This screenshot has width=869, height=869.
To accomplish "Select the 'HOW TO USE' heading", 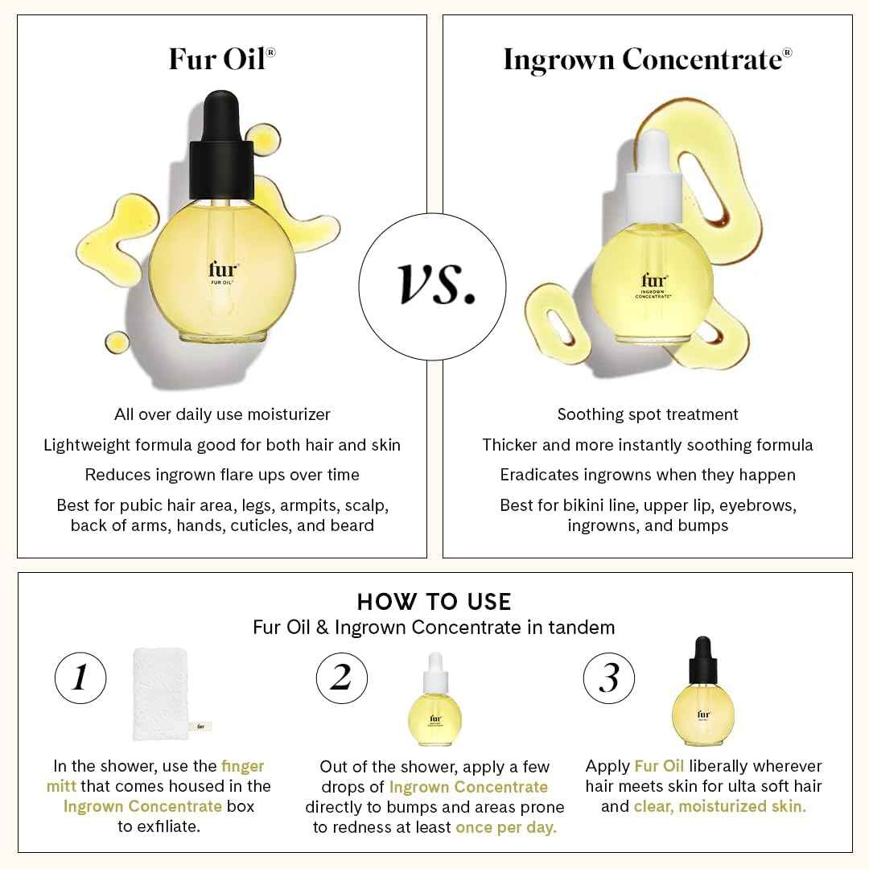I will point(434,601).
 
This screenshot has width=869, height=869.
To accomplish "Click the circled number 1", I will point(80,677).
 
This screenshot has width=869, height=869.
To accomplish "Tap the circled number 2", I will point(341,677).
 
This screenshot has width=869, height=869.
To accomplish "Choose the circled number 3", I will point(608,677).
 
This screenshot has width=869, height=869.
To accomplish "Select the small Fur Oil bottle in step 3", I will point(703,694).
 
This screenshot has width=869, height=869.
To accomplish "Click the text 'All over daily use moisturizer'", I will point(222,414).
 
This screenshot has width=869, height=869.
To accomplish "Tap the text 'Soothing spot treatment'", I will point(647,414).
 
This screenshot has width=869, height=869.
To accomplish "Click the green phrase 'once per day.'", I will point(505,827).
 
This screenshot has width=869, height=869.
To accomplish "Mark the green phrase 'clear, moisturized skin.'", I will point(719,806).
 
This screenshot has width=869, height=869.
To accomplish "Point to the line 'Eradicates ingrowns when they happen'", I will point(647,475).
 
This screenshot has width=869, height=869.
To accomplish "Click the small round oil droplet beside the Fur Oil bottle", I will point(118,344).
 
